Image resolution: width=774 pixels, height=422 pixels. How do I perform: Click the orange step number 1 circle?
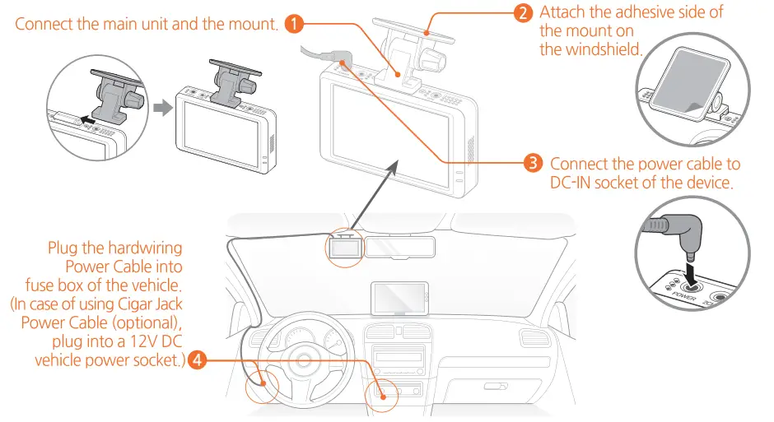coord(292,23)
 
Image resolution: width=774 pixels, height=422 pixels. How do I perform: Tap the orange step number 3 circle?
coord(533,163)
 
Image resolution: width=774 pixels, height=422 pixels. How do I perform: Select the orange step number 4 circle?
coord(197,359)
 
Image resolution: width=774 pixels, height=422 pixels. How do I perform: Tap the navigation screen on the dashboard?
coord(400,297)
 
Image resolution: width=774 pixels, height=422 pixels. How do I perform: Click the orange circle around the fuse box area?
coord(261,383)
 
